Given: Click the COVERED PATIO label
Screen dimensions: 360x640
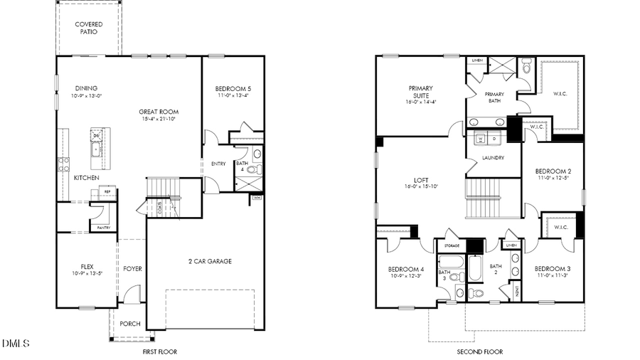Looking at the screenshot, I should tap(89, 28).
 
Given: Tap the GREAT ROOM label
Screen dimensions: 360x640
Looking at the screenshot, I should tap(159, 112).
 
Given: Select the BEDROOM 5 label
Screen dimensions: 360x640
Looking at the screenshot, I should tap(233, 89).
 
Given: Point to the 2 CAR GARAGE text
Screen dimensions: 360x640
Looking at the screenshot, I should tap(210, 261).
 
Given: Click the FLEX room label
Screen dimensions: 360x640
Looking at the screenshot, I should tap(87, 267).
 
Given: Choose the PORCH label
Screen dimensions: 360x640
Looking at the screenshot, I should tap(129, 324).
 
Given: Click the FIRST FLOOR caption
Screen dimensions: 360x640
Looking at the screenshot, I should tap(160, 351).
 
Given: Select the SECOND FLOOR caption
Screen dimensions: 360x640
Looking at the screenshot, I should tap(480, 351).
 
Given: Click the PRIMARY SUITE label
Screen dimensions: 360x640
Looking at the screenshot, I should tap(421, 92).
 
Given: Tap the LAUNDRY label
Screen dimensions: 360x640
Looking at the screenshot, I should tap(493, 158).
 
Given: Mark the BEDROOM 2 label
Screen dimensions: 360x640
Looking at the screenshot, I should tap(553, 171).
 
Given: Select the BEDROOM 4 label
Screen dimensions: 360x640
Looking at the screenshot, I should tap(406, 270).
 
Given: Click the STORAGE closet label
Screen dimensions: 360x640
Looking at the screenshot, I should tap(452, 245).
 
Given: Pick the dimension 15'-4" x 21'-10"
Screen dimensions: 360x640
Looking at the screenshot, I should tap(159, 119).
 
